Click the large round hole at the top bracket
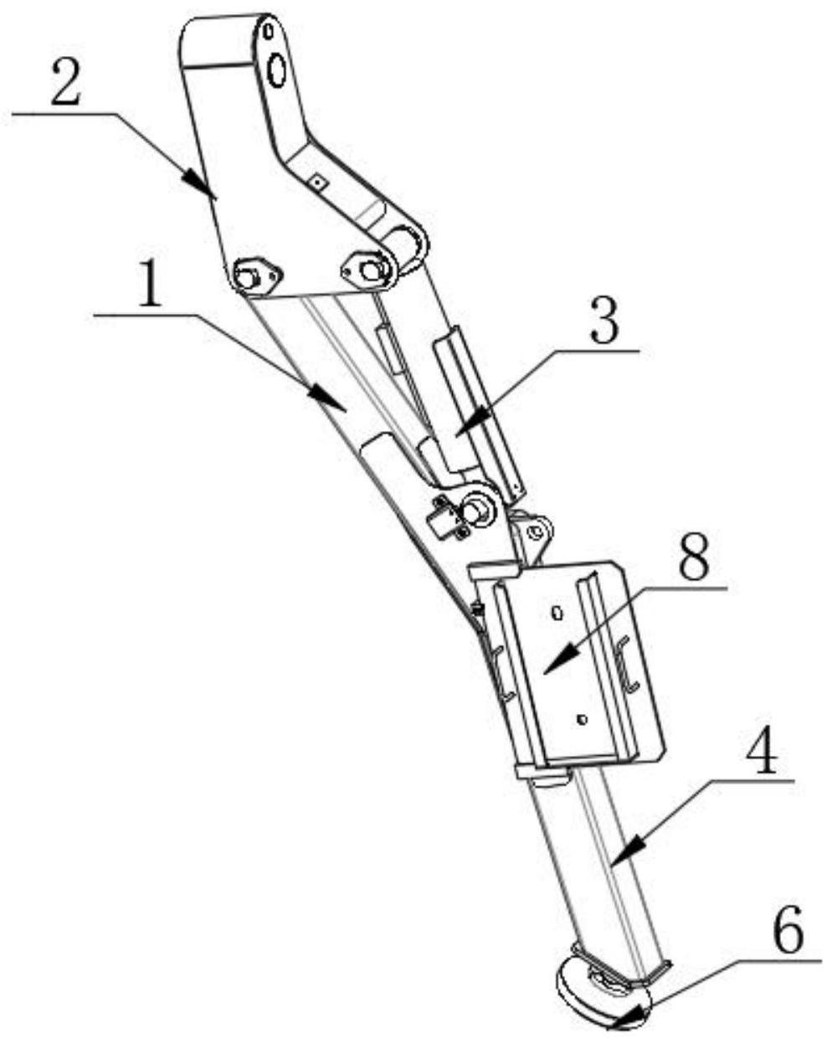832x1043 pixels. (276, 70)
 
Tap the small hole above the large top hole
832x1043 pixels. (268, 32)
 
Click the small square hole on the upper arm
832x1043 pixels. (317, 178)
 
